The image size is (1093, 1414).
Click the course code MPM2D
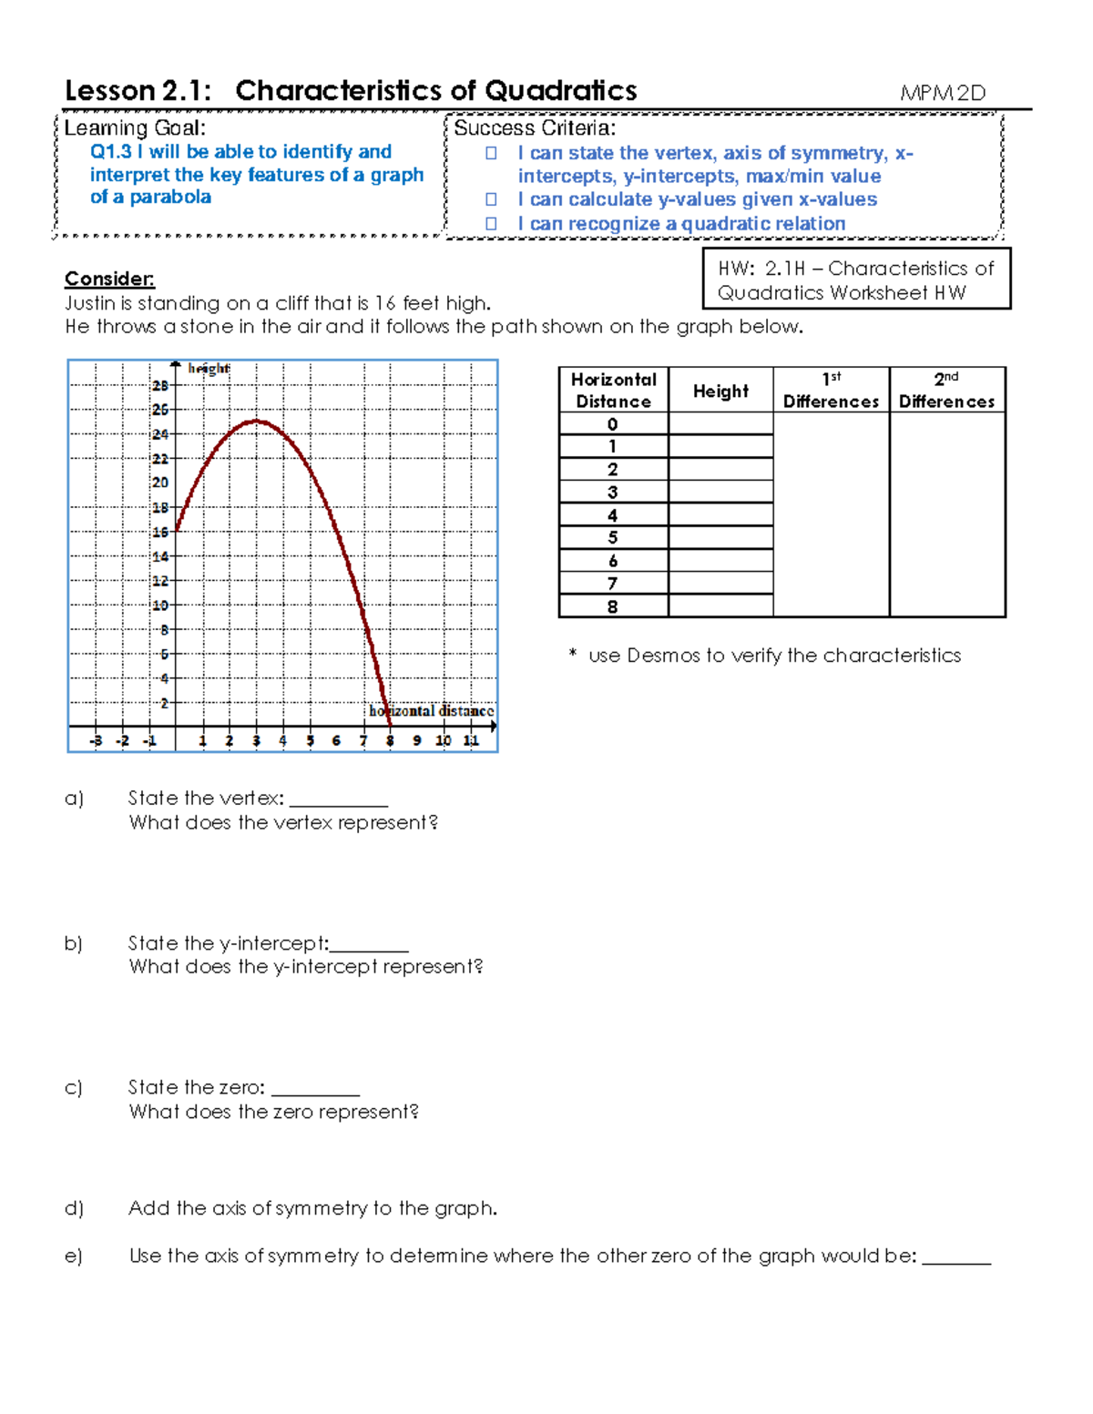click(943, 93)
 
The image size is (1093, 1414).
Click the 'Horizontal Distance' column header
click(613, 391)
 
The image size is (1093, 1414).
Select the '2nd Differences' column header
click(946, 391)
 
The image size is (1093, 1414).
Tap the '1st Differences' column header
click(831, 391)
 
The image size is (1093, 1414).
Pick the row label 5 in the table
click(613, 538)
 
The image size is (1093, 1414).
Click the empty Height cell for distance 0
click(720, 424)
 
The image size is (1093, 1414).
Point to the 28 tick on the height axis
click(160, 386)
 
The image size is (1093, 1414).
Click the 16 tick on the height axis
click(160, 532)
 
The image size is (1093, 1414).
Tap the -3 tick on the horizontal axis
click(96, 741)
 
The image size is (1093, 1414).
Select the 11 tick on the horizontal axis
click(471, 741)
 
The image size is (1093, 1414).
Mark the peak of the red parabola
click(257, 421)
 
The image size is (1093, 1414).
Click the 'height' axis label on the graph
click(209, 369)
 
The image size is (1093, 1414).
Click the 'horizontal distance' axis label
click(431, 711)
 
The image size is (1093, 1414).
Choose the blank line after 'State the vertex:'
click(339, 801)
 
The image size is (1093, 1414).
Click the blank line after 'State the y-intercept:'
click(369, 947)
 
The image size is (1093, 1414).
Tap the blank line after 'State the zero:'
click(315, 1091)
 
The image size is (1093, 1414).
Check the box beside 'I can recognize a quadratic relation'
click(491, 224)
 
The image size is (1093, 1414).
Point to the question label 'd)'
click(74, 1208)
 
